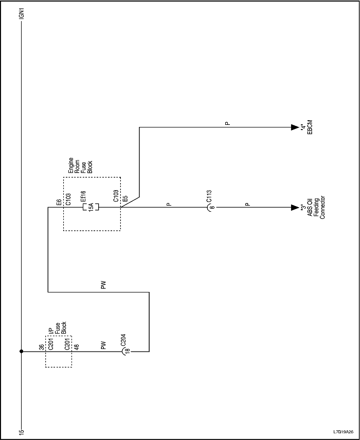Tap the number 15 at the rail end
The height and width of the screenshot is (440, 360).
(x=21, y=431)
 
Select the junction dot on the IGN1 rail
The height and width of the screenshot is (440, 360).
(x=21, y=352)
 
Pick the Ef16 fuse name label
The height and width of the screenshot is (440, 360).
(x=83, y=198)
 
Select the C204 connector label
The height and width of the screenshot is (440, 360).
(x=123, y=340)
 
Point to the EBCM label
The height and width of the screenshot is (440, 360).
(x=309, y=127)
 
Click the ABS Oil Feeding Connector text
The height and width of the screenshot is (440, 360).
(x=316, y=208)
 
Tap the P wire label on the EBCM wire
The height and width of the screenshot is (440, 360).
(x=227, y=124)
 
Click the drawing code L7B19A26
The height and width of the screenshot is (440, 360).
(x=343, y=432)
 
